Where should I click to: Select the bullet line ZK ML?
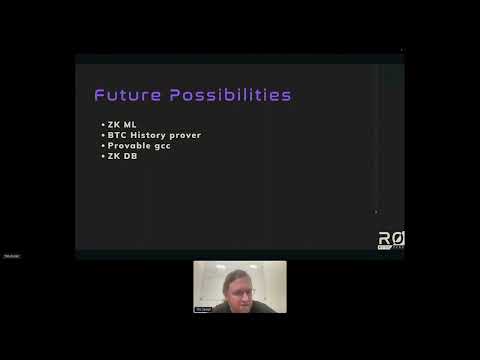pyautogui.click(x=121, y=125)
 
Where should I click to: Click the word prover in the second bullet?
pyautogui.click(x=194, y=135)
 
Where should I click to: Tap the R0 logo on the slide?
pyautogui.click(x=390, y=240)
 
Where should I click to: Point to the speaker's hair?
pyautogui.click(x=237, y=273)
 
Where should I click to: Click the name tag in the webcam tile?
pyautogui.click(x=203, y=309)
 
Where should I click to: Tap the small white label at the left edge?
pyautogui.click(x=11, y=256)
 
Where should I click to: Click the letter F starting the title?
pyautogui.click(x=100, y=96)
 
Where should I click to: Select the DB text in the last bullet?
pyautogui.click(x=130, y=156)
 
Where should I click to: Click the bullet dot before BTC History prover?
pyautogui.click(x=103, y=135)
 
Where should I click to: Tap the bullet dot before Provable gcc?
pyautogui.click(x=103, y=146)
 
